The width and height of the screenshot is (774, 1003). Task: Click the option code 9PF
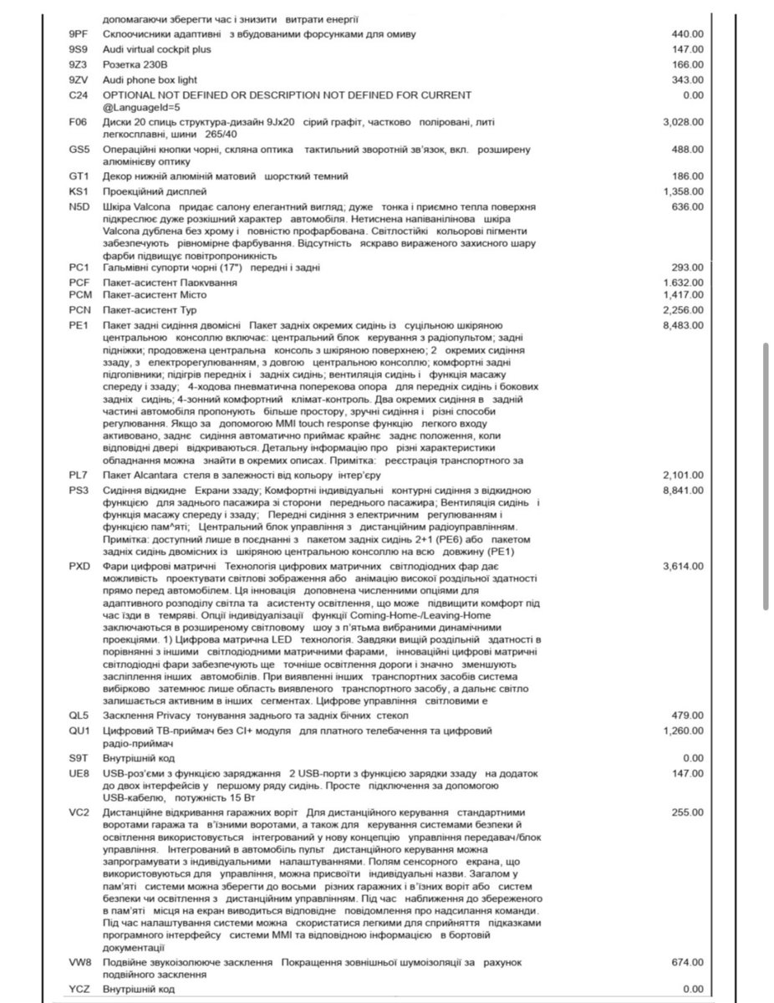[x=79, y=34]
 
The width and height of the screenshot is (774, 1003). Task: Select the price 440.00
[x=688, y=34]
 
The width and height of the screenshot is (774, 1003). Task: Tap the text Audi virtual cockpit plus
[x=156, y=49]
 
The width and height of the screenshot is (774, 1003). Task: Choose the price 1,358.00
[x=682, y=191]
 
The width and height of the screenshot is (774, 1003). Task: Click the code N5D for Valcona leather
[x=79, y=206]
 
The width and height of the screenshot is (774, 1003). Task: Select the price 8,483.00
[x=682, y=324]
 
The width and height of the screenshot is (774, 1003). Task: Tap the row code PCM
[x=81, y=295]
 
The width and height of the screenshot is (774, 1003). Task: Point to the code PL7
[x=79, y=475]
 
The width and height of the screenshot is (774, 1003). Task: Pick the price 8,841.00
[x=682, y=490]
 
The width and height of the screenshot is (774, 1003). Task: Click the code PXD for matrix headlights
[x=80, y=567]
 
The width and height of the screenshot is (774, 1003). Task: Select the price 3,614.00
[x=682, y=567]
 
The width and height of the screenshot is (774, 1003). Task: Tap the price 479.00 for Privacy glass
[x=688, y=715]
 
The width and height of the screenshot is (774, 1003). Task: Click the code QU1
[x=79, y=731]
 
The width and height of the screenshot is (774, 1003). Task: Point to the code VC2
[x=79, y=812]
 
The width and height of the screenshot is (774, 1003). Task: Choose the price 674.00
[x=688, y=963]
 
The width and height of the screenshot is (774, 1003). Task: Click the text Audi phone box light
[x=150, y=79]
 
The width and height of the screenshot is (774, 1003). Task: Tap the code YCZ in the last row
[x=79, y=990]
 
